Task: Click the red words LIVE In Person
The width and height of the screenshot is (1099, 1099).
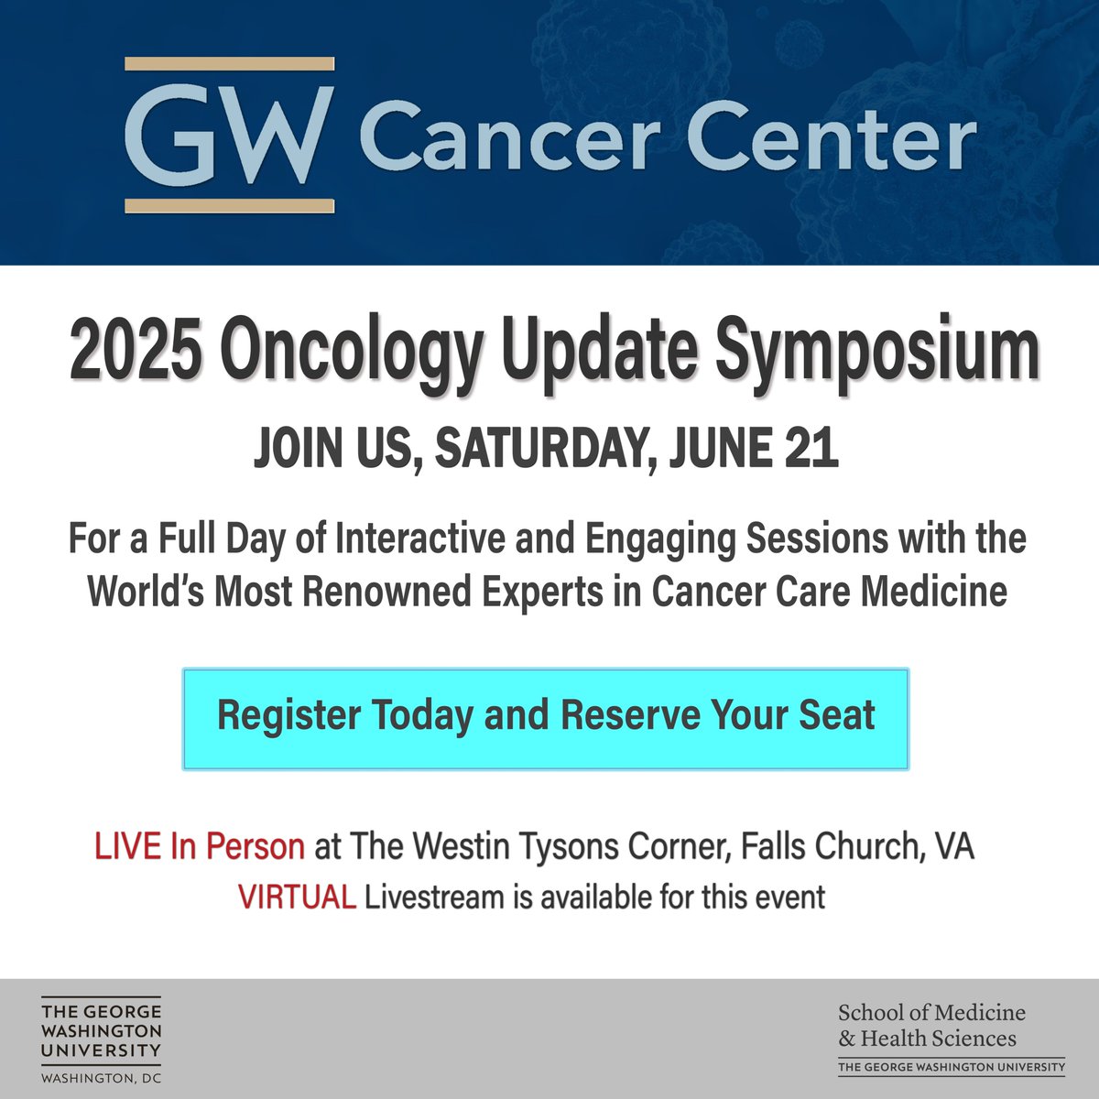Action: pyautogui.click(x=200, y=846)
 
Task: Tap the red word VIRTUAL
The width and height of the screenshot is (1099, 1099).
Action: pyautogui.click(x=297, y=896)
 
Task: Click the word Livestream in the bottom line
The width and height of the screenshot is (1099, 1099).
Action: pyautogui.click(x=434, y=896)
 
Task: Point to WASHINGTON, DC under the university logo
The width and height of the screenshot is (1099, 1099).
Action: pyautogui.click(x=101, y=1079)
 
